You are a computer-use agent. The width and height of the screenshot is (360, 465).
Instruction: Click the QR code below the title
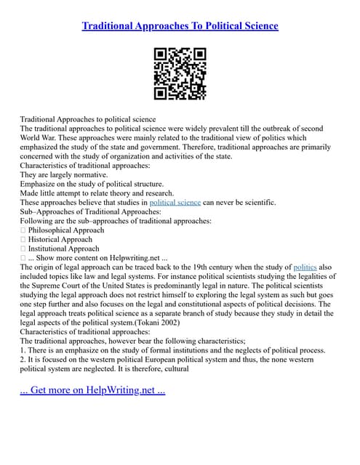pyautogui.click(x=180, y=73)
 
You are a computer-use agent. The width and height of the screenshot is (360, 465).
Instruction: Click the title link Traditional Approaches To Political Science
pyautogui.click(x=180, y=26)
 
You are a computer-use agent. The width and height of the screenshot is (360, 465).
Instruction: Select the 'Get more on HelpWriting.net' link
pyautogui.click(x=93, y=390)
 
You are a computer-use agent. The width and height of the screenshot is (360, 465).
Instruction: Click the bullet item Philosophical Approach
pyautogui.click(x=65, y=230)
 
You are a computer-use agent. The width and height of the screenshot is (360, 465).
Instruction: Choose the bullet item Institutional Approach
pyautogui.click(x=63, y=248)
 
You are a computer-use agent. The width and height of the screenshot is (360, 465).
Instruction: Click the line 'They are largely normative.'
pyautogui.click(x=64, y=175)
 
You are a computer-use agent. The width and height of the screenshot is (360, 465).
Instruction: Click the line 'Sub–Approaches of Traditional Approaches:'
pyautogui.click(x=85, y=212)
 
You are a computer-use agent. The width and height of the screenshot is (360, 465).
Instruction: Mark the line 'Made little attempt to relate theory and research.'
pyautogui.click(x=97, y=193)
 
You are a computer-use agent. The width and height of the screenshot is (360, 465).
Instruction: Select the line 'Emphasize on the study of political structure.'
pyautogui.click(x=92, y=185)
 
